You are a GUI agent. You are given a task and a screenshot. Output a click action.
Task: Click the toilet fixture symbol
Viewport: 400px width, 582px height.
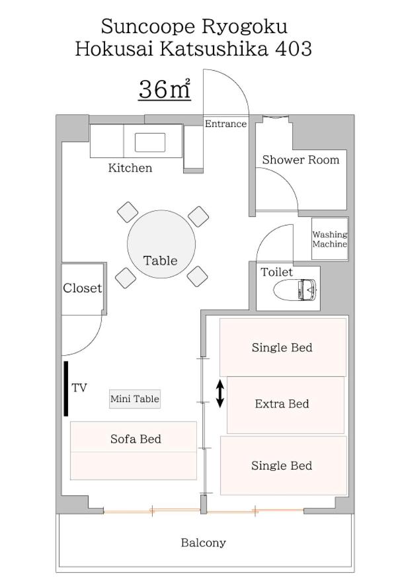pyautogui.click(x=295, y=289)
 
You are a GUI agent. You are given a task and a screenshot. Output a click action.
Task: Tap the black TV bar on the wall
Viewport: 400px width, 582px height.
pyautogui.click(x=65, y=389)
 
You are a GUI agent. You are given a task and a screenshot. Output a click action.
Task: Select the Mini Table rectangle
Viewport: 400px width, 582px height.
pyautogui.click(x=135, y=399)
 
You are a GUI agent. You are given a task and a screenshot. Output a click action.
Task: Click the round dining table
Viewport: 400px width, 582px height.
pyautogui.click(x=161, y=244)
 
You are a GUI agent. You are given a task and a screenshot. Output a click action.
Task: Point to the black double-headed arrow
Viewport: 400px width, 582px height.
pyautogui.click(x=220, y=394)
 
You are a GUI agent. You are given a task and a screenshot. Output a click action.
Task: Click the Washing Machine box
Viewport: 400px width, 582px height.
pyautogui.click(x=329, y=239)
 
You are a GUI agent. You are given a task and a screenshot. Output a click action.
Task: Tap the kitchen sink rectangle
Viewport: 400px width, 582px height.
pyautogui.click(x=150, y=143)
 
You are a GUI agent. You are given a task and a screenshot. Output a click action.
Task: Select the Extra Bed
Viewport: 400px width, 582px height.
pyautogui.click(x=286, y=405)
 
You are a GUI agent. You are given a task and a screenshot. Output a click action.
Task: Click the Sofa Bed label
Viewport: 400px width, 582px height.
pyautogui.click(x=136, y=439)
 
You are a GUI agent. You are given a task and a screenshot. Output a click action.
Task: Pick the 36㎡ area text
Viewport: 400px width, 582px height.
pyautogui.click(x=165, y=89)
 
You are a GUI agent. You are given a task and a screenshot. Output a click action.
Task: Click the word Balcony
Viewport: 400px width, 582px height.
pyautogui.click(x=204, y=543)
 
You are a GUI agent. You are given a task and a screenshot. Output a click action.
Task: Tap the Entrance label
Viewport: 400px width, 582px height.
pyautogui.click(x=225, y=124)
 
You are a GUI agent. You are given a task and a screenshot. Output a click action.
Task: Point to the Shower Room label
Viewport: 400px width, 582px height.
pyautogui.click(x=301, y=160)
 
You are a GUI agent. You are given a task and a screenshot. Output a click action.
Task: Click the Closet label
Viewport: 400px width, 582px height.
pyautogui.click(x=82, y=288)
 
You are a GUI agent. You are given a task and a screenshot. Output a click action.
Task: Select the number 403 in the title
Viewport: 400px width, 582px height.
pyautogui.click(x=293, y=49)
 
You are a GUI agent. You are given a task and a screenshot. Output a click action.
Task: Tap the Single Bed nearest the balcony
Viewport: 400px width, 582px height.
pyautogui.click(x=284, y=466)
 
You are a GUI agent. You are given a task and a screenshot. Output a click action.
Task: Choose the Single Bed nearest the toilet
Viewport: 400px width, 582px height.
pyautogui.click(x=283, y=347)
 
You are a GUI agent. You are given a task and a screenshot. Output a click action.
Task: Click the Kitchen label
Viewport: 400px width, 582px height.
pyautogui.click(x=130, y=168)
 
